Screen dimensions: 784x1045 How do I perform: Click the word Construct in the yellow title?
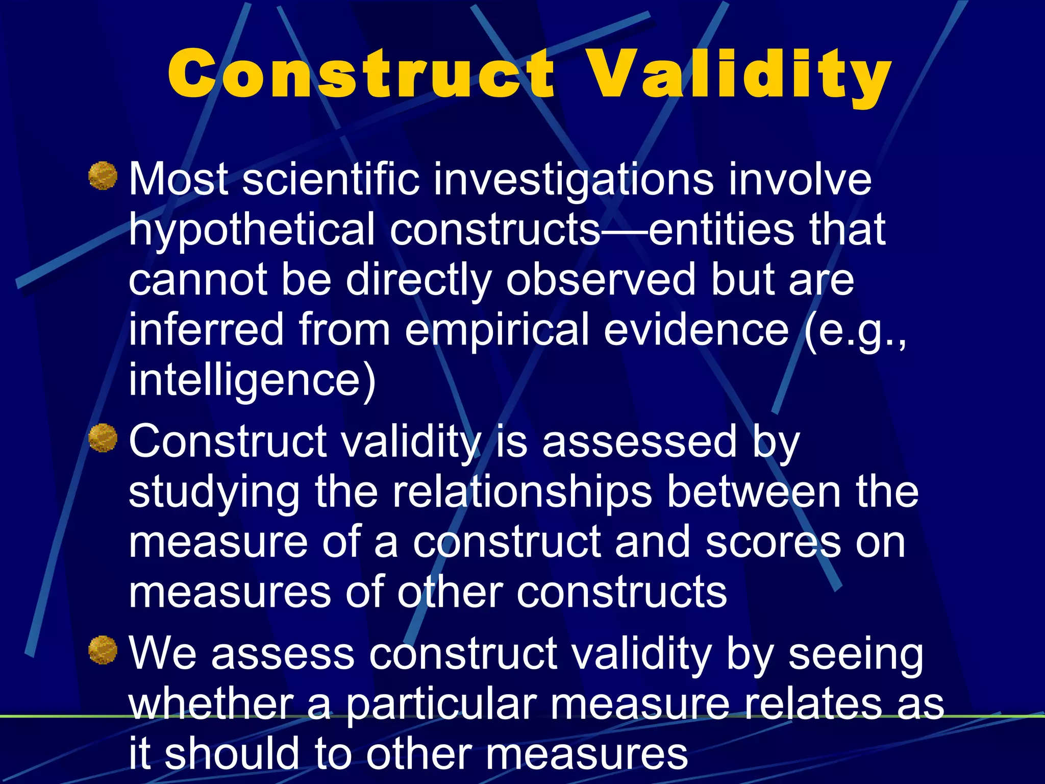[360, 73]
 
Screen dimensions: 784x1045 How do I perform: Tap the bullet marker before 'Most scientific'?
[103, 176]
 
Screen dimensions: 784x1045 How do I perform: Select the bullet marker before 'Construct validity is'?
[103, 438]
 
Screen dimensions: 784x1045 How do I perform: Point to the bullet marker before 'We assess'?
[103, 650]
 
